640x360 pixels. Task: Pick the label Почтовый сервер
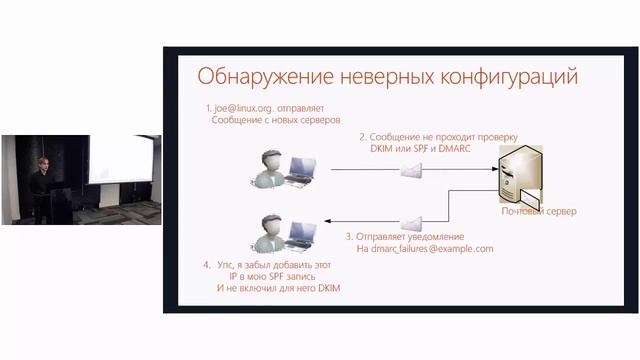click(539, 211)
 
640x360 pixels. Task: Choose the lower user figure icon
click(269, 229)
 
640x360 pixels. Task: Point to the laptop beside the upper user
click(301, 174)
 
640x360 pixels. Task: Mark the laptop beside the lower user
click(301, 235)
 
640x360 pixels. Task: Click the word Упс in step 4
click(227, 264)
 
